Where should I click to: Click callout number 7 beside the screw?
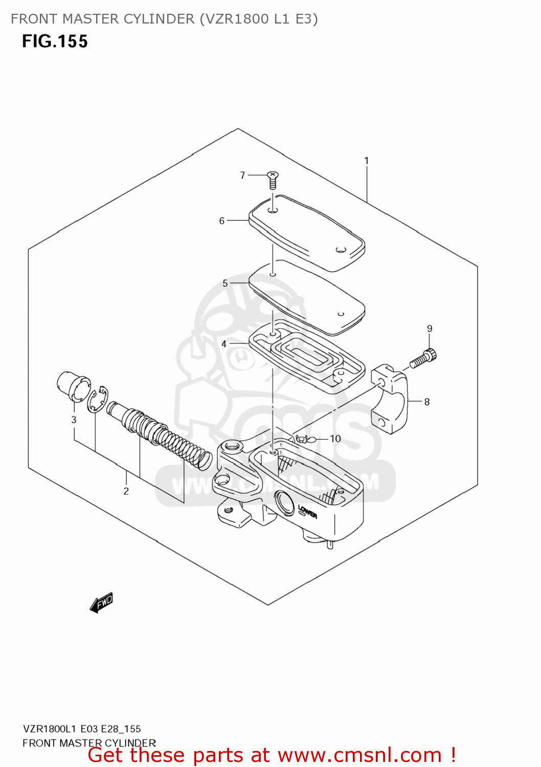click(243, 175)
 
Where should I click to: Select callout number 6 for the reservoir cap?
click(222, 221)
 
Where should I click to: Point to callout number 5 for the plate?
click(225, 283)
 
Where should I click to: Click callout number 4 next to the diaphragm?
click(224, 344)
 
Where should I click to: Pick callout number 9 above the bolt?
click(430, 329)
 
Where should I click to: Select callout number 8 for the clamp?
click(427, 402)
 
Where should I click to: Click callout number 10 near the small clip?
click(335, 439)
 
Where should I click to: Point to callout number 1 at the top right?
click(367, 161)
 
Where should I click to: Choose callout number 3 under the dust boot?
click(74, 420)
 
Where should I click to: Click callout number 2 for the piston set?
click(126, 491)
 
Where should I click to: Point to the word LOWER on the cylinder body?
click(308, 511)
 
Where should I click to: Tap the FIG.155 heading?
click(55, 41)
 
